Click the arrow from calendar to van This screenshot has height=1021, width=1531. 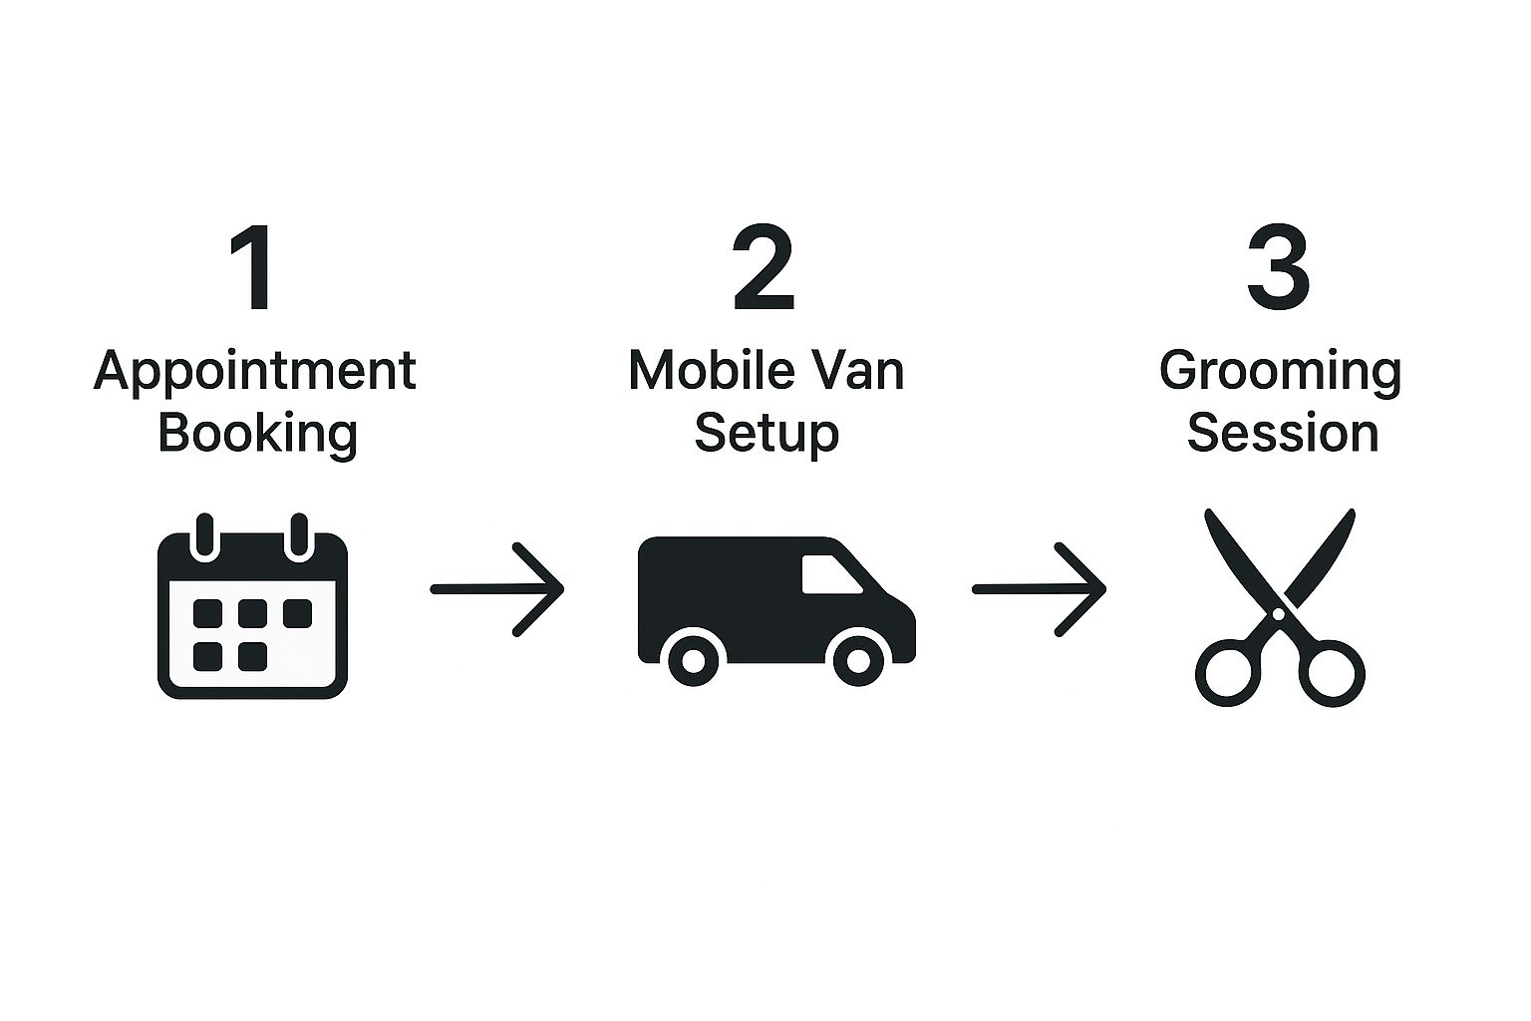pos(497,589)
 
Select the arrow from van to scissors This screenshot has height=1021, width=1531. pos(1039,589)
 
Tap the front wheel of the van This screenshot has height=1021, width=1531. pos(856,659)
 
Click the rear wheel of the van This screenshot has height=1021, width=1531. pos(693,659)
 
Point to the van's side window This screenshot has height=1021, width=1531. pos(829,575)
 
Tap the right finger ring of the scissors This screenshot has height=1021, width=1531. pos(1333,673)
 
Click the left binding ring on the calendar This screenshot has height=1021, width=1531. pos(204,536)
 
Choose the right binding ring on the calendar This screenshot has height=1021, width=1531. pos(298,536)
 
